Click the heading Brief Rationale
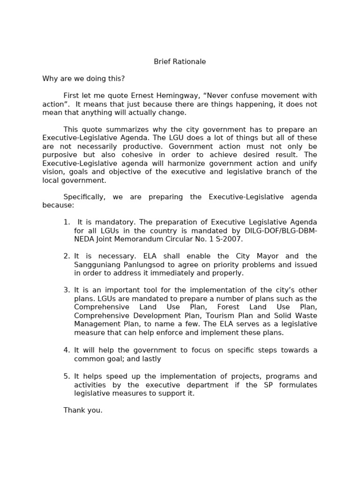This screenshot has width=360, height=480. [180, 62]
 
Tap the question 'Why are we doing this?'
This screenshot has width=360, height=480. [83, 79]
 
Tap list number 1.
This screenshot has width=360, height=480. [66, 222]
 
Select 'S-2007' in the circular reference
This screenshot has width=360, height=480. [230, 239]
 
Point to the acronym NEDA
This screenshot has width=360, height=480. [84, 239]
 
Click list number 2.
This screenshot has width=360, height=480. [66, 256]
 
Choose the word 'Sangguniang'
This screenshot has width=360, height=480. [96, 265]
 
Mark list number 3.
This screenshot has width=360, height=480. [66, 290]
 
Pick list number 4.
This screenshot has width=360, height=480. [66, 350]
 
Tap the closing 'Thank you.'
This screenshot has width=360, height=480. [83, 411]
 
